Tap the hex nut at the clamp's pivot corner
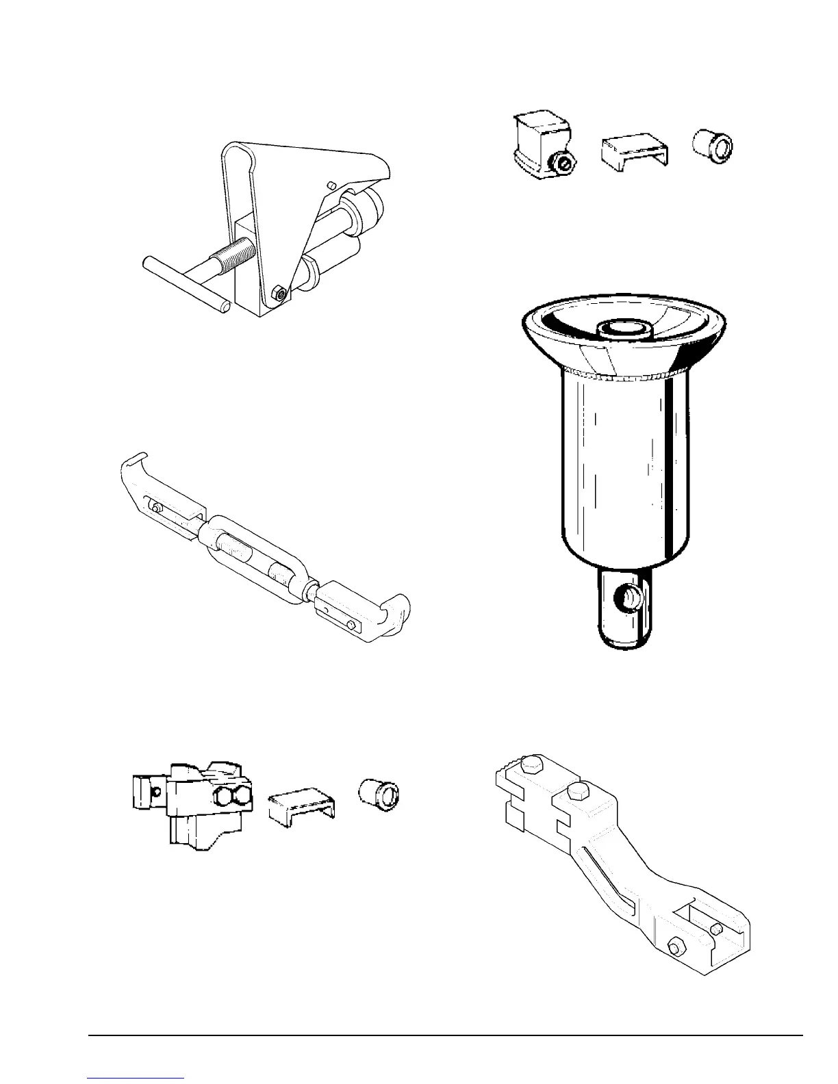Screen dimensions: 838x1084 click(x=279, y=293)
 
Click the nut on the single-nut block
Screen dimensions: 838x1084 click(x=564, y=163)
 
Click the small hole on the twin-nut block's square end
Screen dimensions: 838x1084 click(x=158, y=792)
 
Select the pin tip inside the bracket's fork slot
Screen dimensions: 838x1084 click(x=716, y=929)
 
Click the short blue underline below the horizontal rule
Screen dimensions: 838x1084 click(x=136, y=1079)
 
